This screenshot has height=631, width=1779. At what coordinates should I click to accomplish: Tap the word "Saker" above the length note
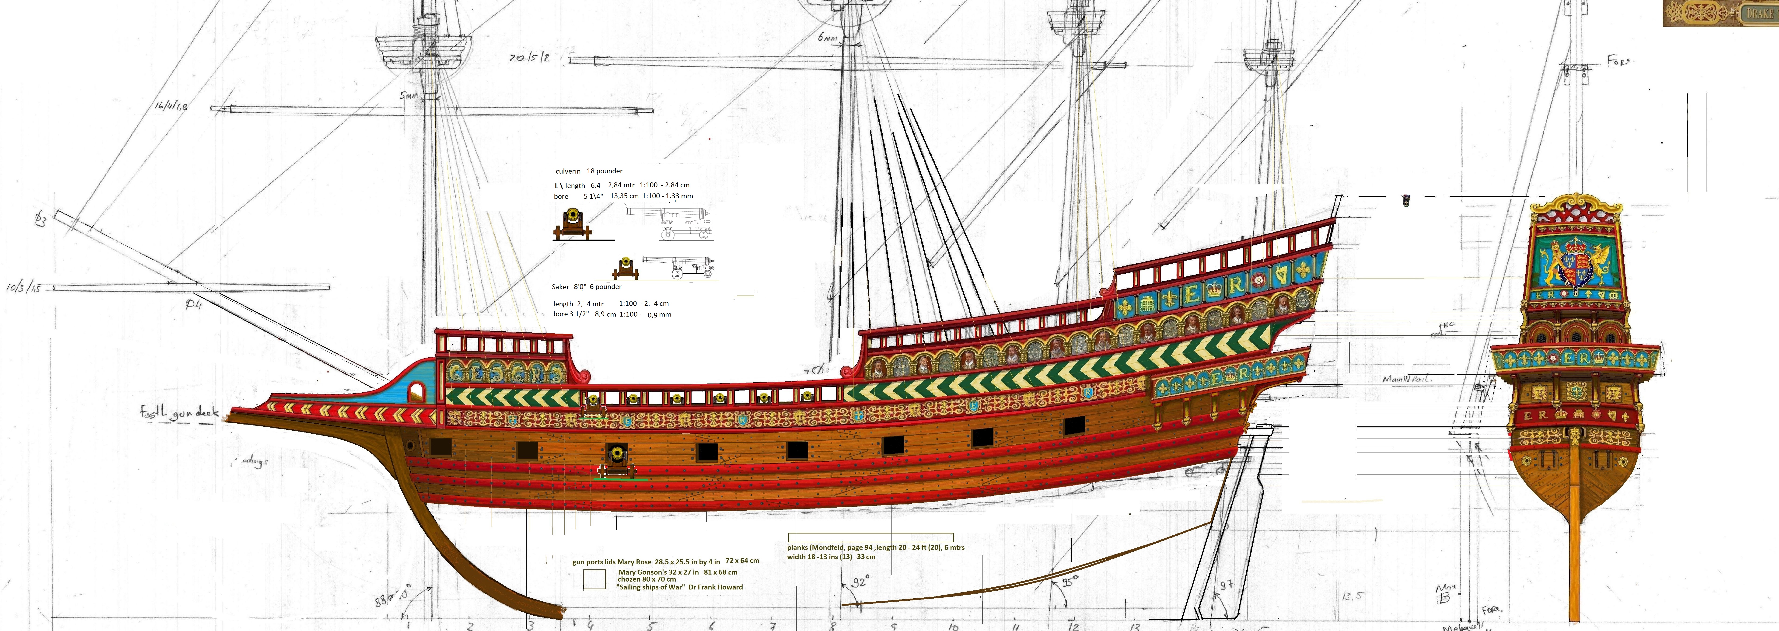click(560, 286)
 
